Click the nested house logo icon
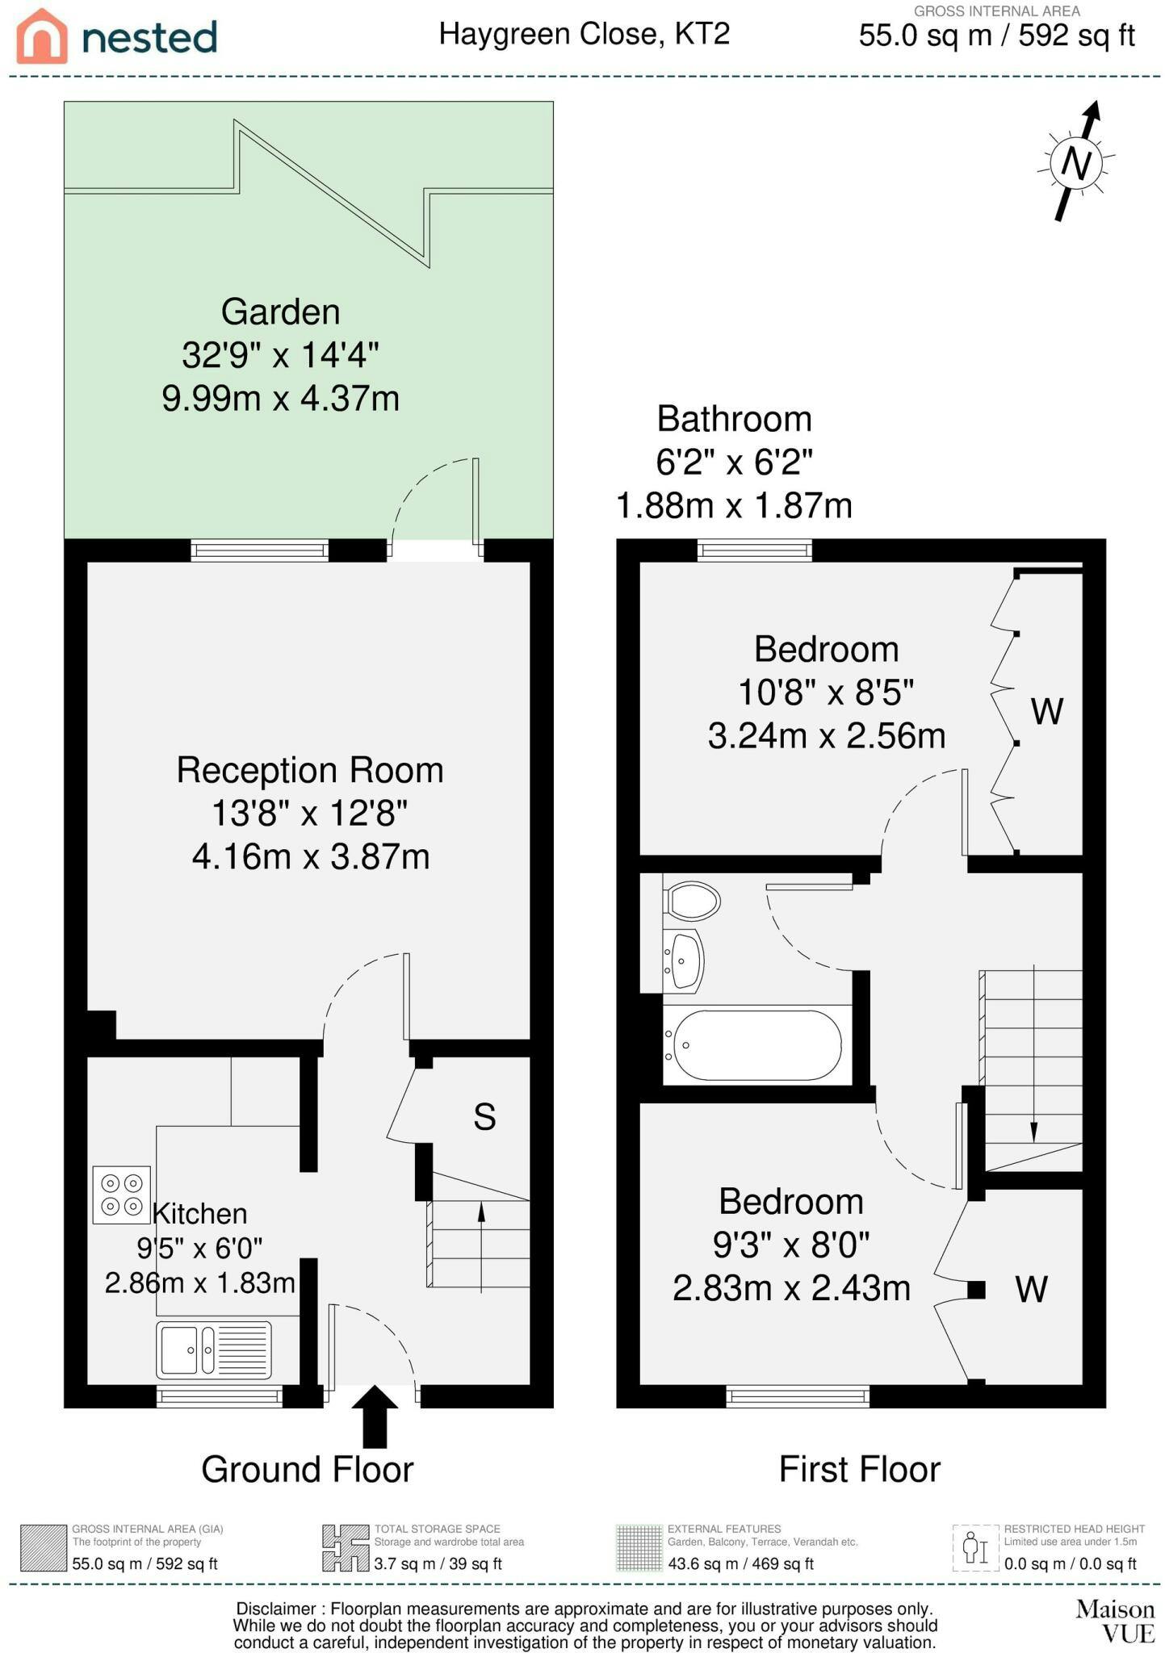(42, 36)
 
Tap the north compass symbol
(1076, 161)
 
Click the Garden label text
(280, 312)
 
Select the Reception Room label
(310, 770)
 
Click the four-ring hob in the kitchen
(122, 1195)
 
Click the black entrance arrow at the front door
(375, 1417)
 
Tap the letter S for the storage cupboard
(484, 1116)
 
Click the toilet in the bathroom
(691, 900)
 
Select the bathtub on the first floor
(757, 1045)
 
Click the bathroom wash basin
(684, 960)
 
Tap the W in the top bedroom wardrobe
(1047, 711)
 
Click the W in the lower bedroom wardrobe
(1031, 1289)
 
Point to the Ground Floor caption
(308, 1469)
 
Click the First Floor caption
(860, 1469)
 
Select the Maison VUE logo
(1115, 1621)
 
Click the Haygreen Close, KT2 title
(585, 34)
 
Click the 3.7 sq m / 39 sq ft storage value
(438, 1563)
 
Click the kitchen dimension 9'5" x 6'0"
(199, 1248)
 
